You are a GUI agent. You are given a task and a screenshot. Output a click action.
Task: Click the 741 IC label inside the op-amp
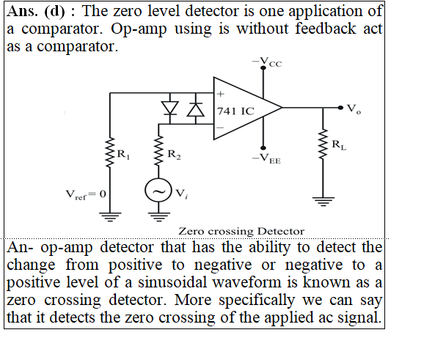point(235,111)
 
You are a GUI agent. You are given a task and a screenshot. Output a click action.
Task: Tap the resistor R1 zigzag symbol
point(110,152)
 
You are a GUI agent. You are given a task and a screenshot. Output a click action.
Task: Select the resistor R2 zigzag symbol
point(158,150)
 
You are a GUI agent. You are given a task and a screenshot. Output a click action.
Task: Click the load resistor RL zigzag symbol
point(323,144)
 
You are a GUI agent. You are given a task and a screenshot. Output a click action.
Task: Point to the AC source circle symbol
point(158,191)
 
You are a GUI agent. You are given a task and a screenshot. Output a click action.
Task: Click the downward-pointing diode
point(169,109)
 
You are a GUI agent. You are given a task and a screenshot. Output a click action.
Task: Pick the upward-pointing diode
point(196,109)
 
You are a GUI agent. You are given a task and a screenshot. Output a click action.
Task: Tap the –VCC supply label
point(267,62)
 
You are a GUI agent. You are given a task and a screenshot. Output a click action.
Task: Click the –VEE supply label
point(266,159)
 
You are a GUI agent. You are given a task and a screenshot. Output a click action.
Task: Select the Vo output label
point(354,109)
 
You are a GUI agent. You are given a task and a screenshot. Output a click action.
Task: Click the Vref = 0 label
point(86,195)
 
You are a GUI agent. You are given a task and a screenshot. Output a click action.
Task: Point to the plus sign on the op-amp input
point(220,94)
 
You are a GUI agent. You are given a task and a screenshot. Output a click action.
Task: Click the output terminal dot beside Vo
point(340,108)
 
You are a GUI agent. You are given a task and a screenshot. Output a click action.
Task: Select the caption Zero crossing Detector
point(241,231)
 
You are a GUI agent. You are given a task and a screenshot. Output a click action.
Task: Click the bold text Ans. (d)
point(35,12)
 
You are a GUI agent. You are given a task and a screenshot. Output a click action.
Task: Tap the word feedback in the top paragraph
point(326,29)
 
